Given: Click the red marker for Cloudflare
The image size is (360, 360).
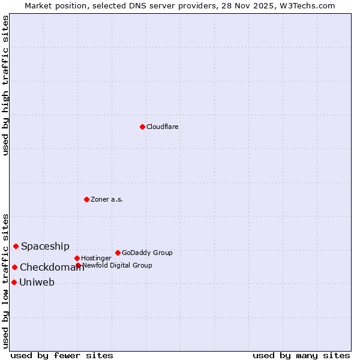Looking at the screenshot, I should (x=142, y=127).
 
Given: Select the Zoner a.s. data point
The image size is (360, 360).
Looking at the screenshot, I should (x=86, y=199).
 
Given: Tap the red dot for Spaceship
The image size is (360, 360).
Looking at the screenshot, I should (x=16, y=246).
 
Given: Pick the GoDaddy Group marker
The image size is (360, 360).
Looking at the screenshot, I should (x=118, y=253).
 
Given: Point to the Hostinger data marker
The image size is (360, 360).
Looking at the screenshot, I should (x=77, y=258).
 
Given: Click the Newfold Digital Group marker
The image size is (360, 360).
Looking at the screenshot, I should (x=78, y=265).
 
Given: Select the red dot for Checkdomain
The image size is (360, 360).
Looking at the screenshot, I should (x=14, y=267).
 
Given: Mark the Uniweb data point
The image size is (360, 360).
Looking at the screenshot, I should (x=14, y=282).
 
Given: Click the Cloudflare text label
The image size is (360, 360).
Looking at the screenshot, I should (x=163, y=127).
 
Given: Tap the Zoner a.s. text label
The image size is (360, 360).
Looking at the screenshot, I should (x=107, y=200).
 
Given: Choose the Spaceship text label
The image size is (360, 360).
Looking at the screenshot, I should (x=45, y=247).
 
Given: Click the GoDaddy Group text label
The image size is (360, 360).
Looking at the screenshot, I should (x=147, y=253).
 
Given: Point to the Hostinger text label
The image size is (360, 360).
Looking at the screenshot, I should (x=96, y=259).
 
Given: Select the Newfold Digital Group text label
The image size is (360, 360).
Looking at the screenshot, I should (x=117, y=266).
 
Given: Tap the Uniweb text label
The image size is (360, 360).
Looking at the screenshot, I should (x=37, y=283).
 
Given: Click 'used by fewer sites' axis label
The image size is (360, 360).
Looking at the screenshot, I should (x=62, y=356).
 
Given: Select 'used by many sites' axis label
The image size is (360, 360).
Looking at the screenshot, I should (x=301, y=356).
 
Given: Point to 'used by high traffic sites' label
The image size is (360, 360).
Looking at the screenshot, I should (x=5, y=86).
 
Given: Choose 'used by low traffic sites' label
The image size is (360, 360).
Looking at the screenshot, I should (x=5, y=281).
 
